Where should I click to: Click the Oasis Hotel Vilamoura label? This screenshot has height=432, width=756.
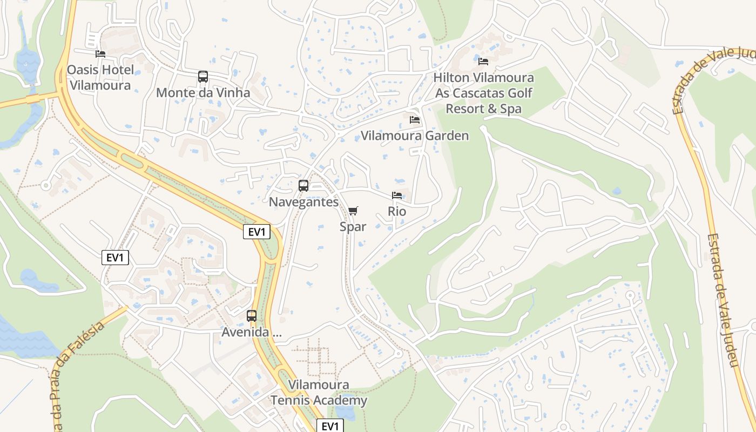(100, 77)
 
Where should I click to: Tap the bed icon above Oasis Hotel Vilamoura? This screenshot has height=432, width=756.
(100, 54)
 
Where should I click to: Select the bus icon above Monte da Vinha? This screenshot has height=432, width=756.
(203, 77)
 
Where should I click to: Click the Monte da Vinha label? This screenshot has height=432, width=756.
(203, 93)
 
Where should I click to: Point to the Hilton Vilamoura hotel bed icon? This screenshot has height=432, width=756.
(483, 62)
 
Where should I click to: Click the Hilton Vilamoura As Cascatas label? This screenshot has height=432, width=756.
(484, 93)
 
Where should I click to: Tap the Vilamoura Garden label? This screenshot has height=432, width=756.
(415, 136)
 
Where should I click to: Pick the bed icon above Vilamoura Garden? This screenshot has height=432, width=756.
(415, 119)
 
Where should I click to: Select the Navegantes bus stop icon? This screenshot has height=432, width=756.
(303, 186)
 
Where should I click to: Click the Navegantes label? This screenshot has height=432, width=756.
(303, 202)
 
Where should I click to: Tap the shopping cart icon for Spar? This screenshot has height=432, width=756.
(353, 211)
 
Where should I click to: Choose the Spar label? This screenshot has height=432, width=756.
(353, 227)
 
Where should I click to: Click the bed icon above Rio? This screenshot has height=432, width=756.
(397, 195)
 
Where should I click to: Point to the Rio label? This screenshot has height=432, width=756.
(397, 211)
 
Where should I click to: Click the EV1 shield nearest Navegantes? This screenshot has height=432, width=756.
(256, 232)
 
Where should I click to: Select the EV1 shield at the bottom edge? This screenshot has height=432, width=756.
(329, 426)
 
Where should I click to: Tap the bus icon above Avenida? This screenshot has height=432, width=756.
(252, 316)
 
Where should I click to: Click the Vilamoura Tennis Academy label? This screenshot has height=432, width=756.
(319, 393)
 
